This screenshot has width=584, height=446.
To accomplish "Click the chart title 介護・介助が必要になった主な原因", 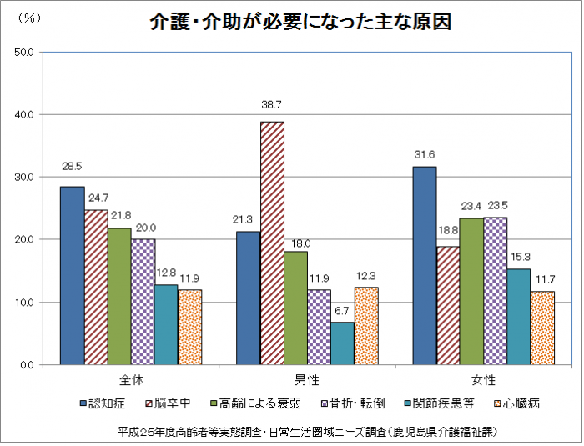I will (x=301, y=23).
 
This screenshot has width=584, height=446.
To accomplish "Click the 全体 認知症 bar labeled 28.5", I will (x=73, y=275).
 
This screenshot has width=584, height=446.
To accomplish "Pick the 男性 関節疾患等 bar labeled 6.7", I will (x=342, y=343).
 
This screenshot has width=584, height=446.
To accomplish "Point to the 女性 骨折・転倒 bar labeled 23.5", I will (x=495, y=291).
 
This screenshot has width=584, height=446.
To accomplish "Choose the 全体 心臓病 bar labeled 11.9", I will (x=190, y=327).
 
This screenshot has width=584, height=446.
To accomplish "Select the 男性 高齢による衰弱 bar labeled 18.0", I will (x=295, y=308).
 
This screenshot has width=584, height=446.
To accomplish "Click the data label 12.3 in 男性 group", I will (x=365, y=276).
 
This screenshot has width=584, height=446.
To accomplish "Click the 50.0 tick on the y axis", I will (x=24, y=52).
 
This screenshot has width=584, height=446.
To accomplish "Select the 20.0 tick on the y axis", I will (x=24, y=240).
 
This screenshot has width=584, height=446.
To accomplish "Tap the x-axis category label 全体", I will (x=131, y=380).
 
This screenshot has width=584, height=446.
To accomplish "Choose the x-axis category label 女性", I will (x=483, y=380).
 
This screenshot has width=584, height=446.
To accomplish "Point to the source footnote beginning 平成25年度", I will (x=309, y=432).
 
